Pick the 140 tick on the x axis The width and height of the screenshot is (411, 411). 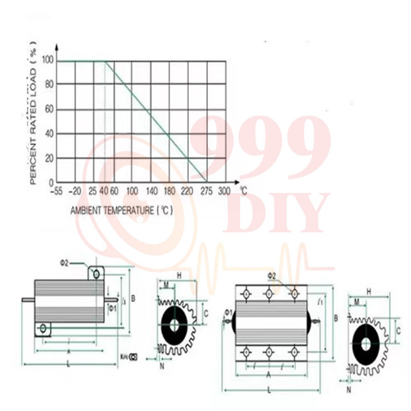coord(151,191)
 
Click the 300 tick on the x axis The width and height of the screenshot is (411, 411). coord(224,191)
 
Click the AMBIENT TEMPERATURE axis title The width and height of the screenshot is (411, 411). coord(122,210)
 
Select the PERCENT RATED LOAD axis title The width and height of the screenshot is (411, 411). coord(34,113)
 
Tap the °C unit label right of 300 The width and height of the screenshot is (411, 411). coord(243,190)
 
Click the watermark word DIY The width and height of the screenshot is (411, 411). coord(276,214)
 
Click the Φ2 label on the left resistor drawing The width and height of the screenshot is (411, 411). coord(64,263)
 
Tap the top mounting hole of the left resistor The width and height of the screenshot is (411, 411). coord(96,274)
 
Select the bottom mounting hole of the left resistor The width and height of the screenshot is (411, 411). coord(43,329)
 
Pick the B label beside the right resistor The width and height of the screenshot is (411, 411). coord(336,318)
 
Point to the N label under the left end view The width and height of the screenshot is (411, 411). coord(162,366)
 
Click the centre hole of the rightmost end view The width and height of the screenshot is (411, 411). coord(366,344)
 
